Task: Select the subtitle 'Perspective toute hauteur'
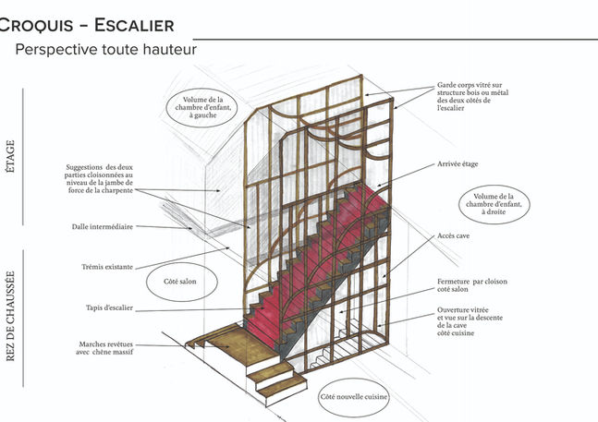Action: pos(105,49)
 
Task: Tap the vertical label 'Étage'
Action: pos(10,157)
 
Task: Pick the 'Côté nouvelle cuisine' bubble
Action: pos(353,397)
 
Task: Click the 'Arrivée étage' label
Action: pos(458,164)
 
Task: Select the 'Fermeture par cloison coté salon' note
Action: pos(471,285)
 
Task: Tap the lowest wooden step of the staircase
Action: pos(278,386)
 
